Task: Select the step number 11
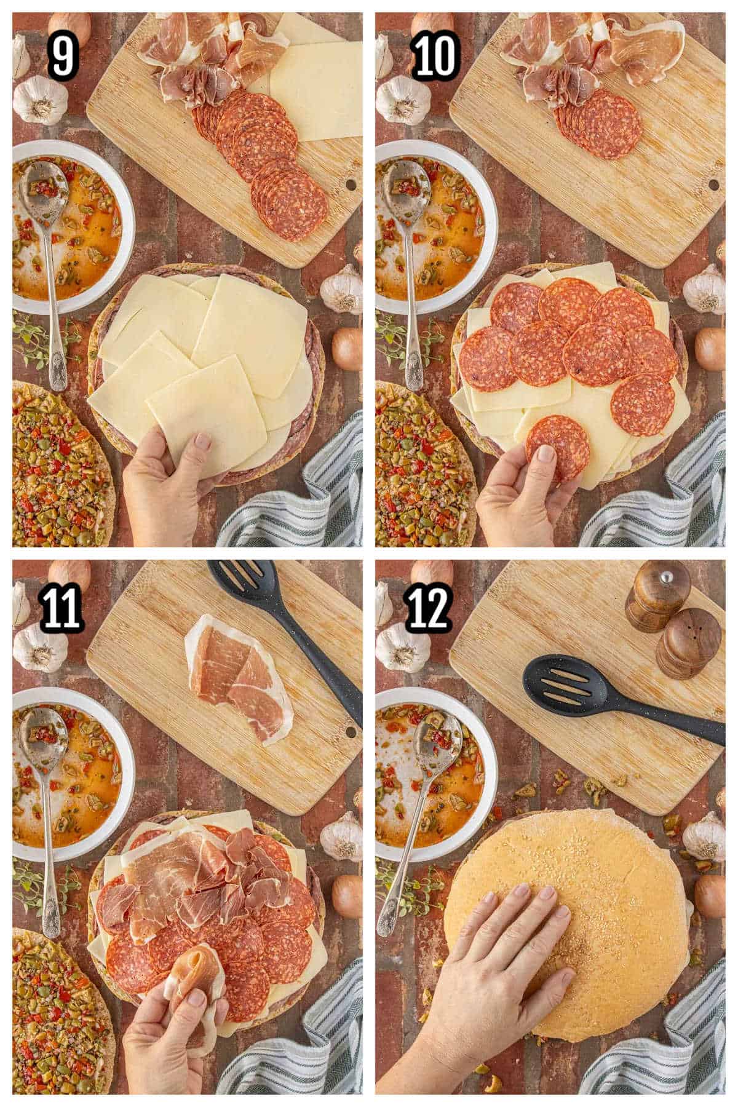tap(62, 606)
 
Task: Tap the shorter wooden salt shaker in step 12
tap(688, 643)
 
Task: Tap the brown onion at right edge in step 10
tap(710, 349)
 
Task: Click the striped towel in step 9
tap(307, 492)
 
